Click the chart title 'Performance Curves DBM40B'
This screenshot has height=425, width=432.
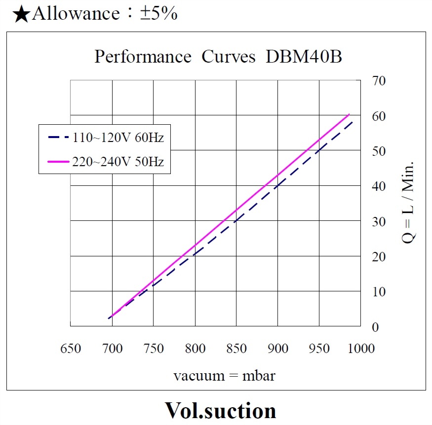tap(218, 57)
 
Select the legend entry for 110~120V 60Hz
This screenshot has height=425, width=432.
tap(118, 137)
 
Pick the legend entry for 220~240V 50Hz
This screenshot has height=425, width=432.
tap(118, 161)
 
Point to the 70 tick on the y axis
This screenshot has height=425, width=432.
tap(379, 80)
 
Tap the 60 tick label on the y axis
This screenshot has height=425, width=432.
tap(379, 116)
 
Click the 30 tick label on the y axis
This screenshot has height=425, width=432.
tap(379, 221)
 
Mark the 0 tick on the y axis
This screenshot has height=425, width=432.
tap(375, 327)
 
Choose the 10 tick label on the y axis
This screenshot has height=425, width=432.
tap(379, 292)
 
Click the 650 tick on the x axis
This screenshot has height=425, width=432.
tap(70, 349)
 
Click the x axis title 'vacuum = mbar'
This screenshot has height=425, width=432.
tap(224, 376)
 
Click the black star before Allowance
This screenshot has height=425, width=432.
tap(21, 14)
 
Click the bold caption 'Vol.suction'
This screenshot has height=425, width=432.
tap(220, 410)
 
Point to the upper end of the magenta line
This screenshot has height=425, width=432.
tap(349, 114)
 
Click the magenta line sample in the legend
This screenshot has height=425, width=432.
tap(58, 161)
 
